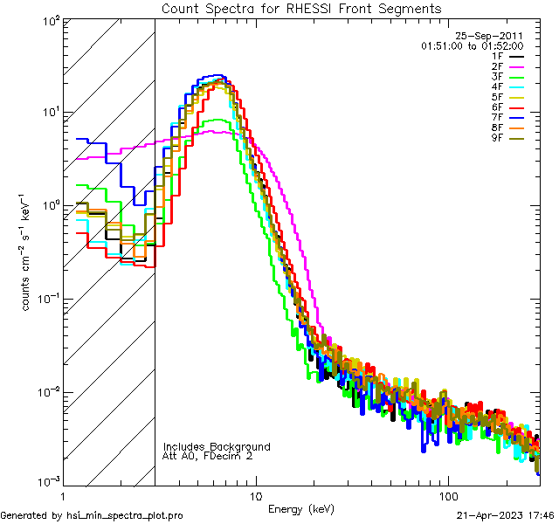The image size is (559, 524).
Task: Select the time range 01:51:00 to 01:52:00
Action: [472, 45]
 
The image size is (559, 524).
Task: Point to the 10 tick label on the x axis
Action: [255, 496]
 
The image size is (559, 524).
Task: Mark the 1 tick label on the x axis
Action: [63, 496]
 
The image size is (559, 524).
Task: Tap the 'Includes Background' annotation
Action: [217, 446]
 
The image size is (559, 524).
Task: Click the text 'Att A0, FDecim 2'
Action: [208, 456]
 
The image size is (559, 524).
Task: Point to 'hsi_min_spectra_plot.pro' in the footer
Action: [124, 515]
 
